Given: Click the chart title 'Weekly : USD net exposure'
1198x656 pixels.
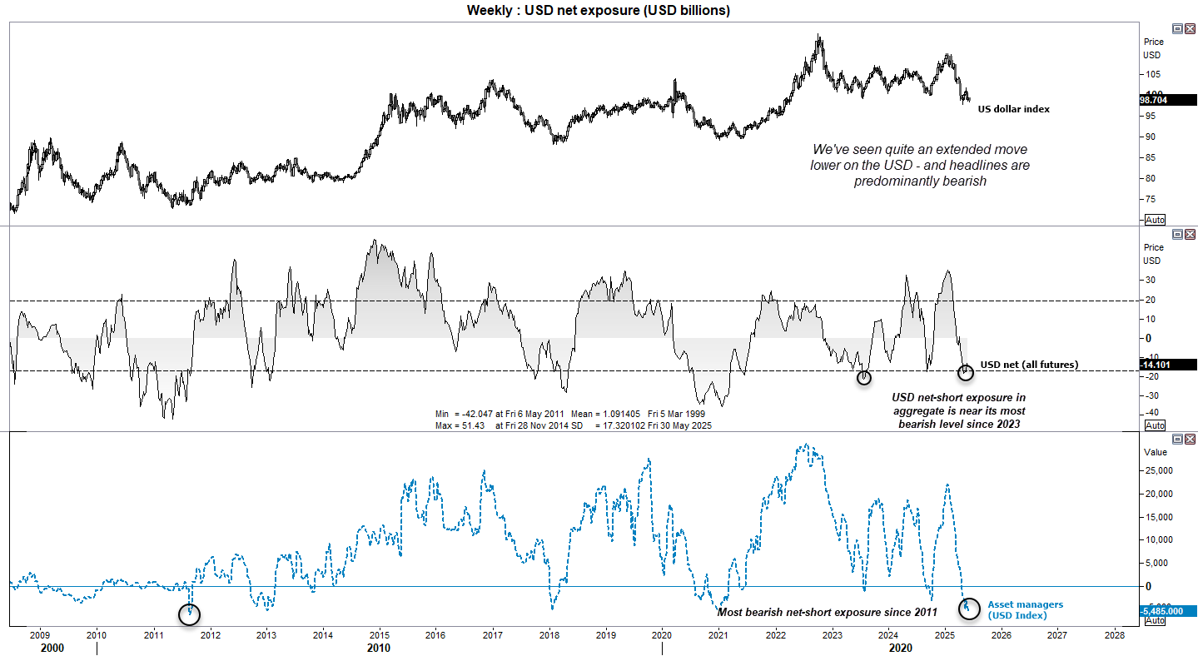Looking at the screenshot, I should coord(598,10).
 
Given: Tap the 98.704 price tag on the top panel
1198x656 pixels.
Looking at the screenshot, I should coord(1156,98).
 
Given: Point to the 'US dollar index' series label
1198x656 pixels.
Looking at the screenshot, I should coord(1013,109).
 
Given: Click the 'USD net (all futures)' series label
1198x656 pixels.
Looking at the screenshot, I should coord(1029,365).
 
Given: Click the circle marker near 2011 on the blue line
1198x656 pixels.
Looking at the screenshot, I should coord(190,614).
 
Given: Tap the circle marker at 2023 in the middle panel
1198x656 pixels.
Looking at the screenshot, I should coord(864,377).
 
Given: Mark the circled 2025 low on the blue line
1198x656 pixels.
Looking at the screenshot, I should coord(967,608).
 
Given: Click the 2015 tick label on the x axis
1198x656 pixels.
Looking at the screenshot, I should coord(379,634).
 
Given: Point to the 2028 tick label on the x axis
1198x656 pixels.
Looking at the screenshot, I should coord(1114,634).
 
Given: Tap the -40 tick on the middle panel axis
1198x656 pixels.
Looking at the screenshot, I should coord(1151,413).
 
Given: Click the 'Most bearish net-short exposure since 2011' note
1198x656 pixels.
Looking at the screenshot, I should coord(827,613).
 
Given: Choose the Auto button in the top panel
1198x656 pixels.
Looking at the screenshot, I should coord(1155,220).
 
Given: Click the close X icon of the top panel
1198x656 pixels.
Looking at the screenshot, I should coord(1190,28).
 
